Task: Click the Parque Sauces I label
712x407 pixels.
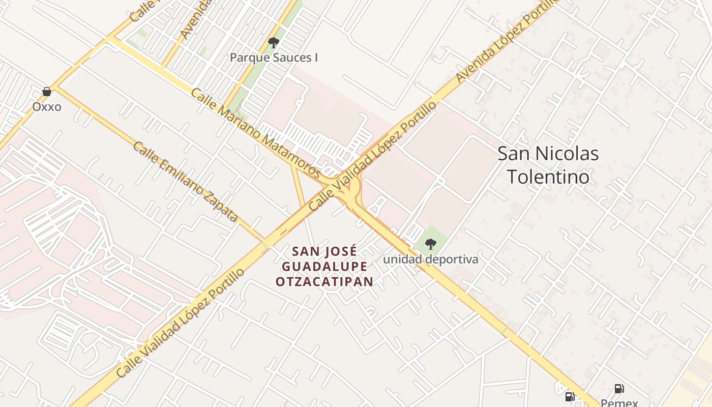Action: [274, 57]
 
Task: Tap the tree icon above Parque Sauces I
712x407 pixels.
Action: [274, 43]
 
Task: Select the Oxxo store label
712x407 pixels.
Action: [47, 106]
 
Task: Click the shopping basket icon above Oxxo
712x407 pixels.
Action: [47, 92]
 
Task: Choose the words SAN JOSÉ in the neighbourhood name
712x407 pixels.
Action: [324, 251]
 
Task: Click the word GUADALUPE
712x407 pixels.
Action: [324, 267]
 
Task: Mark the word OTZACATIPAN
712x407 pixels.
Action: [324, 281]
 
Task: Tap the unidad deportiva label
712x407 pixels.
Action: [431, 259]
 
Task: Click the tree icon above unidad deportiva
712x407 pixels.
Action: [431, 244]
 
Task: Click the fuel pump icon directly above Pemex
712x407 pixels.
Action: [619, 389]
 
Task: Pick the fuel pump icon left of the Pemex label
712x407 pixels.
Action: [570, 397]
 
